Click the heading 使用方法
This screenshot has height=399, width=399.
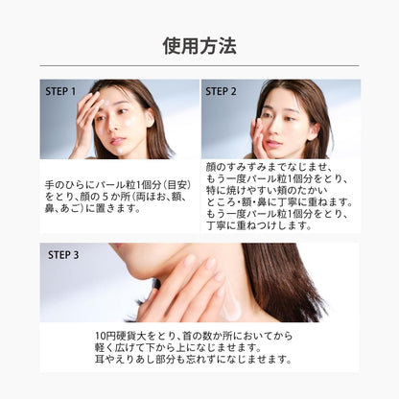tap(199, 45)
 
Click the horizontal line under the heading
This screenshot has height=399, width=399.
tap(199, 65)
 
